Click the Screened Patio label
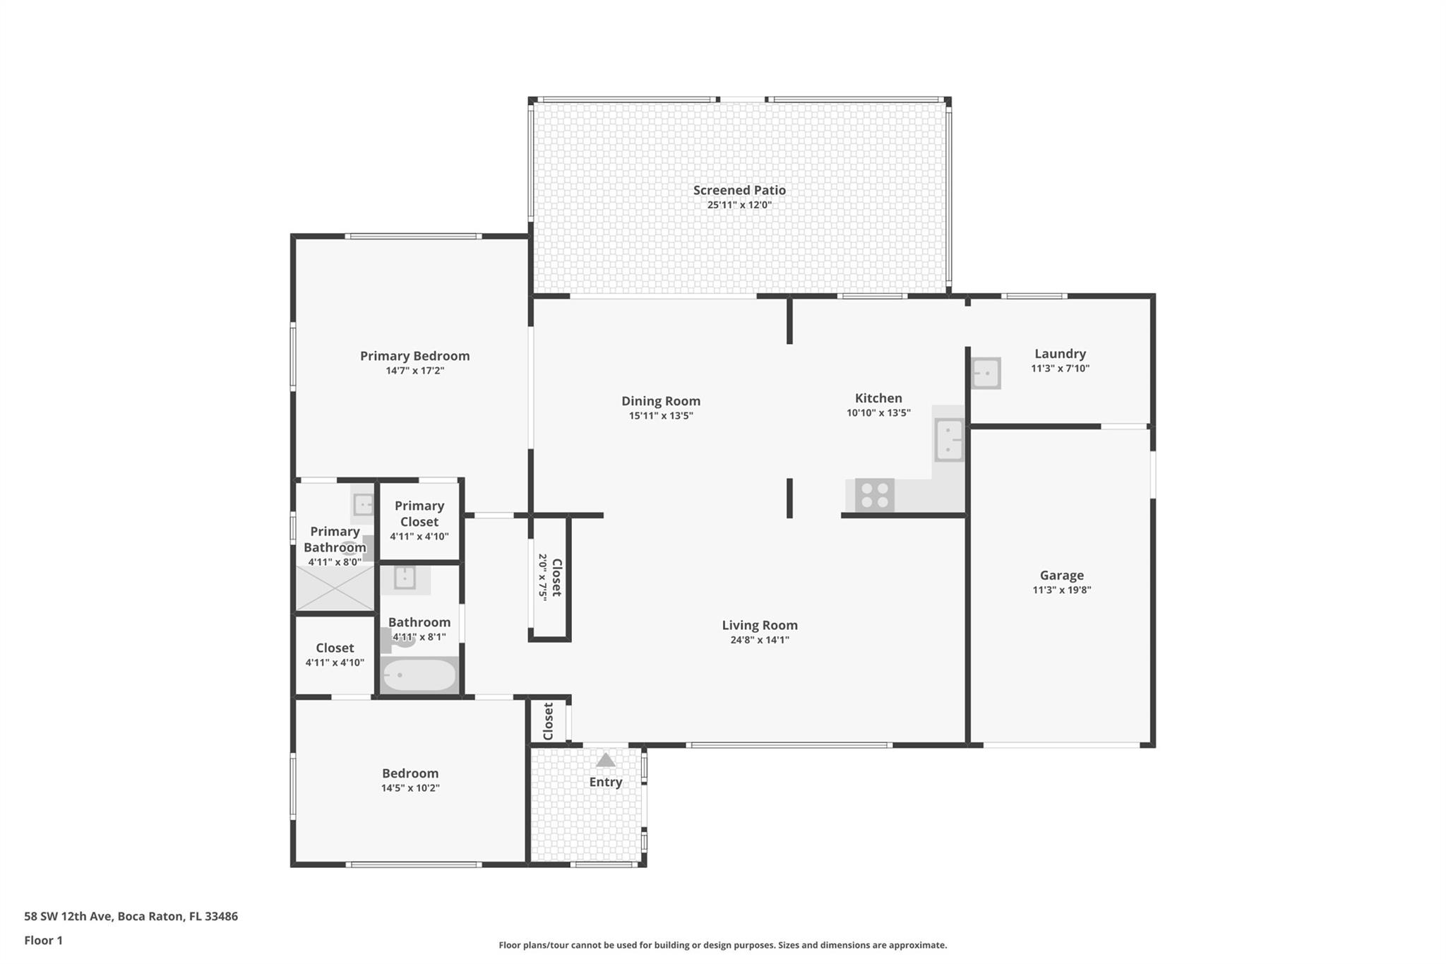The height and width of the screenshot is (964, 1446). pyautogui.click(x=739, y=190)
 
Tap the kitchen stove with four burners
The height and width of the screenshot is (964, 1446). pyautogui.click(x=875, y=494)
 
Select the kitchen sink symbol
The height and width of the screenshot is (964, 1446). pyautogui.click(x=949, y=440)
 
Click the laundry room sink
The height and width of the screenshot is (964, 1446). pyautogui.click(x=986, y=373)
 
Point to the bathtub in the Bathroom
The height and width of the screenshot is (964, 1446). pyautogui.click(x=419, y=675)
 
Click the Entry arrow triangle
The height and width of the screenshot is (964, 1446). pyautogui.click(x=605, y=760)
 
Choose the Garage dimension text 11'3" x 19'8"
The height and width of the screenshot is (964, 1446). pyautogui.click(x=1062, y=590)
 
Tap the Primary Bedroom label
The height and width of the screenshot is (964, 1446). pyautogui.click(x=414, y=356)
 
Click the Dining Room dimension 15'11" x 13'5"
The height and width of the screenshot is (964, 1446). pyautogui.click(x=661, y=416)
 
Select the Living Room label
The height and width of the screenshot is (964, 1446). pyautogui.click(x=760, y=625)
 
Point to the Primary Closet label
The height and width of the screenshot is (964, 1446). pyautogui.click(x=419, y=513)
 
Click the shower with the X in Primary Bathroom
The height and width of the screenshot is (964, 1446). pyautogui.click(x=335, y=588)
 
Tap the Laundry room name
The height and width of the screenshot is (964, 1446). pyautogui.click(x=1060, y=354)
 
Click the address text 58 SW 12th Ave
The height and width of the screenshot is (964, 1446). pyautogui.click(x=68, y=916)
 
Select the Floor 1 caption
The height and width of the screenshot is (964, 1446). pyautogui.click(x=44, y=940)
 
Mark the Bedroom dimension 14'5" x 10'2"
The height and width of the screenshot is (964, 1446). pyautogui.click(x=410, y=788)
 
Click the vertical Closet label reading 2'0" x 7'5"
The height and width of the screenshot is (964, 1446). pyautogui.click(x=550, y=577)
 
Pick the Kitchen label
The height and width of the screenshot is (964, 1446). pyautogui.click(x=878, y=398)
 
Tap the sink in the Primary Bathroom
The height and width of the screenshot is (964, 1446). pyautogui.click(x=363, y=505)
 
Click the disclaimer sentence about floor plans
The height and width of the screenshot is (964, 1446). pyautogui.click(x=723, y=945)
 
